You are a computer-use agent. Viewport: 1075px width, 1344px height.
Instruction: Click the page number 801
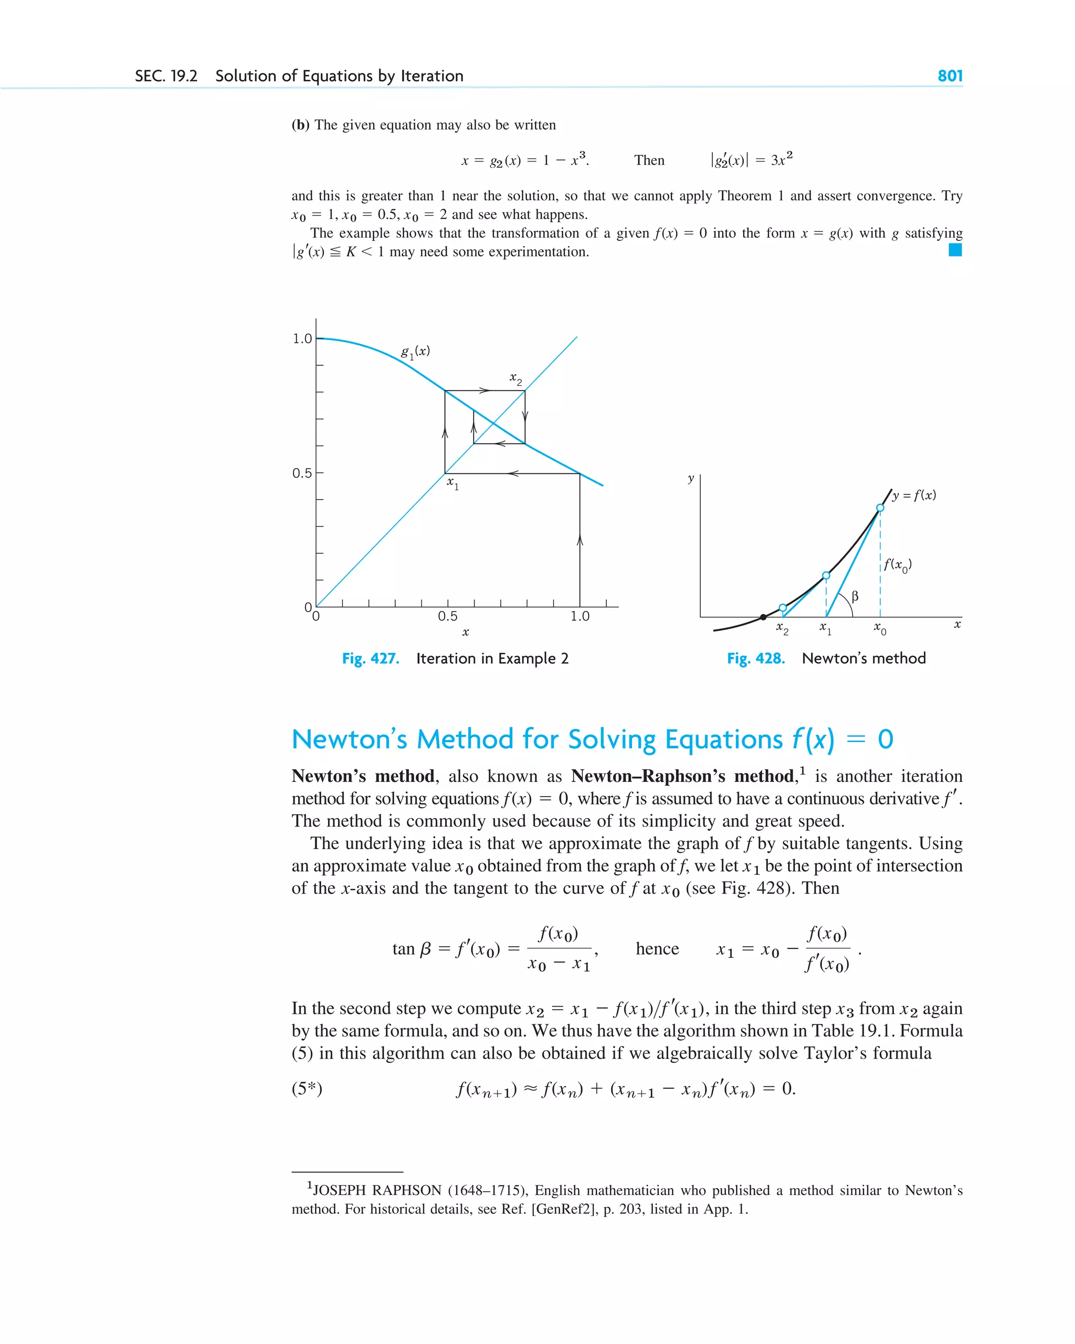tap(950, 76)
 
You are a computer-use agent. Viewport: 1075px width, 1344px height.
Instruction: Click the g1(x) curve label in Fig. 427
tap(415, 352)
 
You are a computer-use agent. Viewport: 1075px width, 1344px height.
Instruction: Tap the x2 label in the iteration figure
tap(515, 378)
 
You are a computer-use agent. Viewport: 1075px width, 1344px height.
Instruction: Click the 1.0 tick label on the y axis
tap(302, 338)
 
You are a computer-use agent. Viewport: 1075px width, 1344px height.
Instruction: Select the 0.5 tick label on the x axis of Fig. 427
tap(447, 617)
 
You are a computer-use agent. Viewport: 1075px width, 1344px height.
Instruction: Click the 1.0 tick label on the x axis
tap(579, 617)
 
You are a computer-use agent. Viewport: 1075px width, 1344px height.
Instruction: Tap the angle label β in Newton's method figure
tap(855, 597)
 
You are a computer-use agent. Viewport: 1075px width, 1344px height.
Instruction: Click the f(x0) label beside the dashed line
tap(897, 565)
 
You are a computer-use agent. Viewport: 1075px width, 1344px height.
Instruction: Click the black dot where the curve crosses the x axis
tap(763, 617)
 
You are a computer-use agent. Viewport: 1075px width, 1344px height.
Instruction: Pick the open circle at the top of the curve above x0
tap(880, 508)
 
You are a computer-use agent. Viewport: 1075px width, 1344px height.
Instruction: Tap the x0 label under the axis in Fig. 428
tap(880, 628)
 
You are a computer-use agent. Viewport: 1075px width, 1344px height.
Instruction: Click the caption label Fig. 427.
tap(371, 659)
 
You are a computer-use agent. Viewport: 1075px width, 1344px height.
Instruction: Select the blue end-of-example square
tap(955, 250)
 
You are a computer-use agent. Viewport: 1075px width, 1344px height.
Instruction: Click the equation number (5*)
tap(307, 1088)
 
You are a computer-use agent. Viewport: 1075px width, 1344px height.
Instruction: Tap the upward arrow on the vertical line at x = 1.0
tap(580, 540)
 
